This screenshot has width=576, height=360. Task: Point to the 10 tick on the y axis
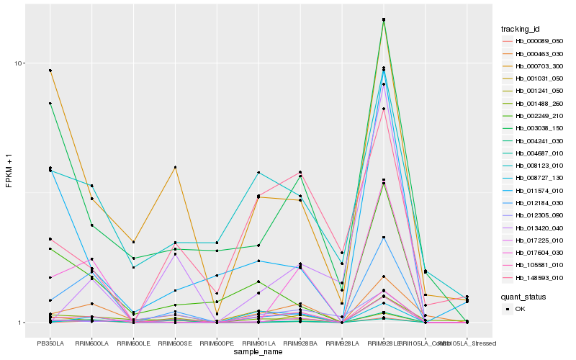(x=19, y=63)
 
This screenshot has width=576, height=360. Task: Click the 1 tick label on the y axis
(x=22, y=323)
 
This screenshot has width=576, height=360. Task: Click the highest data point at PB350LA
(x=50, y=71)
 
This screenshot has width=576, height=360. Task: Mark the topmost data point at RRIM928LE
(x=384, y=19)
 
